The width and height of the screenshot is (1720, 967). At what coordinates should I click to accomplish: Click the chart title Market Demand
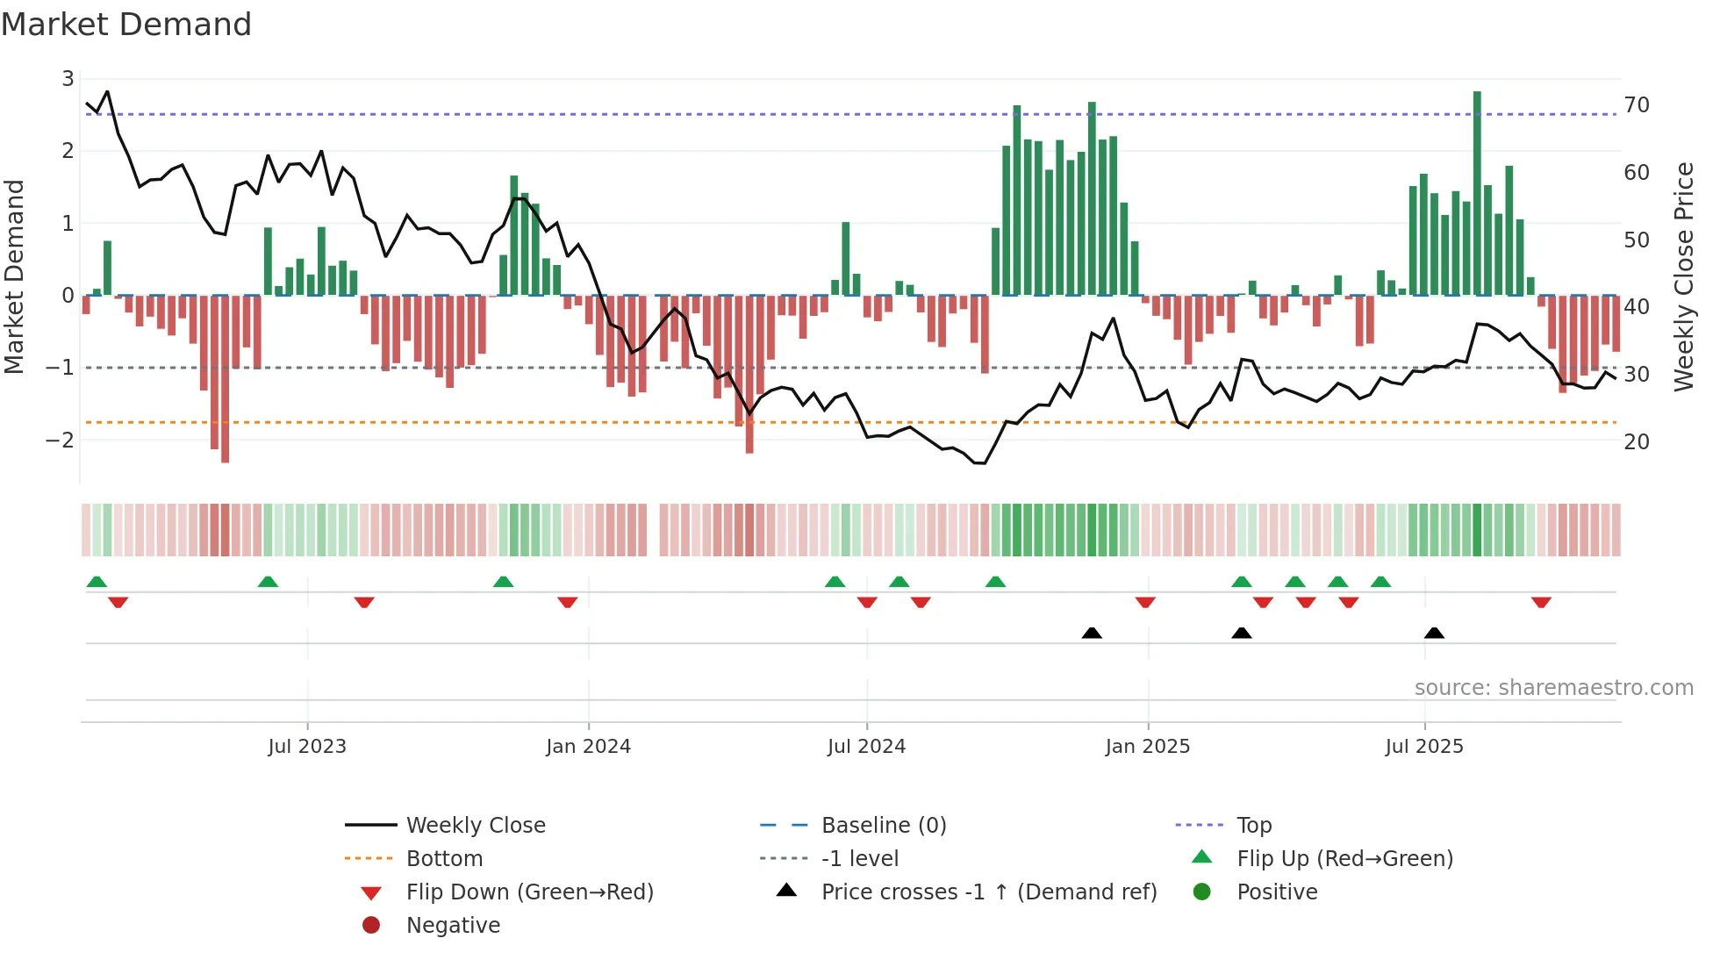(126, 25)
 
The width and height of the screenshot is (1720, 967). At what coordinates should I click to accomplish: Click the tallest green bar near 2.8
(1477, 193)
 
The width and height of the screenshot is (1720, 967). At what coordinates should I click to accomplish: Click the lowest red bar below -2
(225, 377)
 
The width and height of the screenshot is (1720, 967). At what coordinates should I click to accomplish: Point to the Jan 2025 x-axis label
(1147, 747)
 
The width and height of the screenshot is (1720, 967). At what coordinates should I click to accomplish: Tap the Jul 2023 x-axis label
(307, 747)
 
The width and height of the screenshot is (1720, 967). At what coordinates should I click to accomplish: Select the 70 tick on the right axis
(1637, 105)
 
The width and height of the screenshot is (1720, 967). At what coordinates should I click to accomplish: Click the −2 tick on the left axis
(60, 441)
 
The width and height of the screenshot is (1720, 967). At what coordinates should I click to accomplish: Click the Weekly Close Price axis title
(1683, 276)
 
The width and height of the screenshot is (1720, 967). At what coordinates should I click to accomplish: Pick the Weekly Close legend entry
(475, 826)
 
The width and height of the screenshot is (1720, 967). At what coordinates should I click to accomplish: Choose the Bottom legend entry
(444, 859)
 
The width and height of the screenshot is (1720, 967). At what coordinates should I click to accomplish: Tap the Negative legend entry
(453, 926)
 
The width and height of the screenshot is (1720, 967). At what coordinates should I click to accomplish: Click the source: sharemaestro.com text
(1553, 688)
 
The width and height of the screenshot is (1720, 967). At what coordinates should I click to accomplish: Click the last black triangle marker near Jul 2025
(1434, 634)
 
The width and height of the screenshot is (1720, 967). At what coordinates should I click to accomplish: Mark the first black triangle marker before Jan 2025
(1092, 634)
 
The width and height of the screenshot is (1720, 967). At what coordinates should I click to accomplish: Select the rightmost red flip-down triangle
(1541, 602)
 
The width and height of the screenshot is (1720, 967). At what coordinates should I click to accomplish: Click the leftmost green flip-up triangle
(97, 582)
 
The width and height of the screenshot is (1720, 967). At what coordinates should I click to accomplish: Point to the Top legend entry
(1254, 826)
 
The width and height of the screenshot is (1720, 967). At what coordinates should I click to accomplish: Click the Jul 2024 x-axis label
(866, 747)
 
